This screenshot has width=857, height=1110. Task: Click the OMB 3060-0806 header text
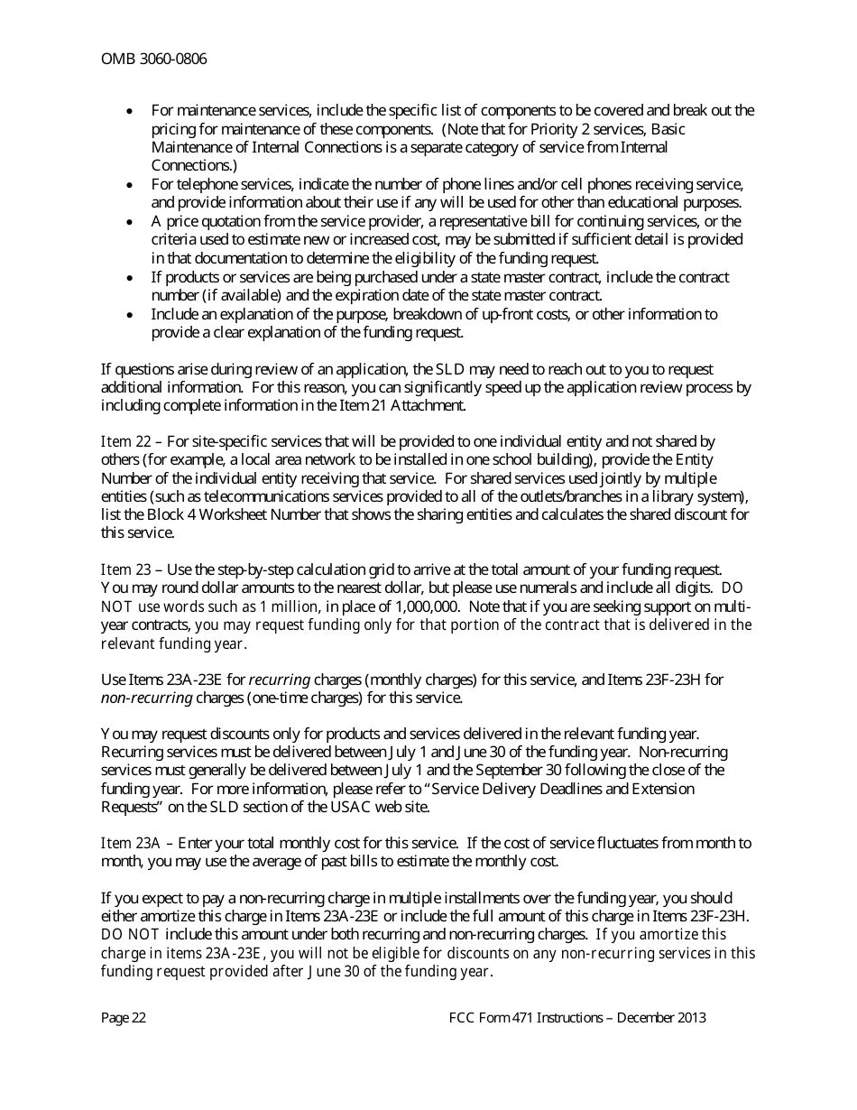tap(153, 60)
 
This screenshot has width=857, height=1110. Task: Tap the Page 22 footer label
tap(124, 1018)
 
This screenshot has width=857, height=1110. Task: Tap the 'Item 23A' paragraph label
tap(130, 843)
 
